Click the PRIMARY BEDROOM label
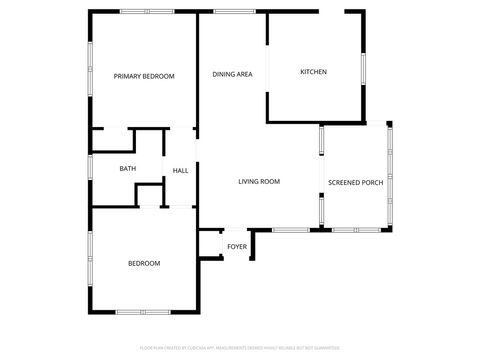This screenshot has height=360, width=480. (x=144, y=76)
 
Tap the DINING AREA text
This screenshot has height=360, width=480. (x=231, y=75)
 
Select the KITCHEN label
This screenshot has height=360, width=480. (x=314, y=71)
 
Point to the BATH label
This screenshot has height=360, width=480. (x=128, y=168)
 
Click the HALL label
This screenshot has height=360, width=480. (x=180, y=171)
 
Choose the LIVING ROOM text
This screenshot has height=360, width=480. (x=258, y=181)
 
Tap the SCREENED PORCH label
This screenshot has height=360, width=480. (x=356, y=182)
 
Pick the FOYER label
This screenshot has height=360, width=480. (x=237, y=246)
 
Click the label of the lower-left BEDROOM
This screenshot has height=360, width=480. (x=143, y=263)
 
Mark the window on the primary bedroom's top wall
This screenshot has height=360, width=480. (x=143, y=12)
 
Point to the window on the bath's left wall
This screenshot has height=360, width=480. (x=91, y=167)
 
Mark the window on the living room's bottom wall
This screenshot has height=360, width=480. (x=290, y=230)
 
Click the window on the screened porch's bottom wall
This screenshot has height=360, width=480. (x=352, y=230)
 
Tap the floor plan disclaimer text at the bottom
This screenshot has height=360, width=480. (x=239, y=348)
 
